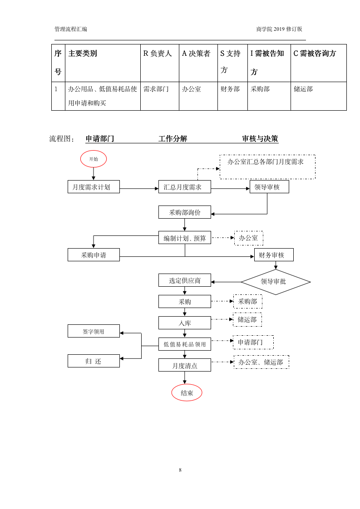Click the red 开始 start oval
pyautogui.click(x=94, y=159)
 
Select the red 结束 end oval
pyautogui.click(x=187, y=393)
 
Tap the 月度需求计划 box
pyautogui.click(x=94, y=187)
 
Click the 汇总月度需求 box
pyautogui.click(x=184, y=187)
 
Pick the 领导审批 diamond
pyautogui.click(x=275, y=282)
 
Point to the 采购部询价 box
pyautogui.click(x=184, y=212)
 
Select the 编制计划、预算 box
pyautogui.click(x=184, y=238)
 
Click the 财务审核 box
pyautogui.click(x=273, y=255)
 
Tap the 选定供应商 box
pyautogui.click(x=184, y=280)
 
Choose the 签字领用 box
pyautogui.click(x=94, y=331)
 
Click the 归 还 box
pyautogui.click(x=94, y=361)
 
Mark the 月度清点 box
pyautogui.click(x=184, y=365)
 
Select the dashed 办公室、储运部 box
pyautogui.click(x=261, y=362)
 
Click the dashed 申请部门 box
pyautogui.click(x=253, y=342)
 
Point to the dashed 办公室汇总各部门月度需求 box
pyautogui.click(x=267, y=166)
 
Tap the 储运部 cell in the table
pyautogui.click(x=304, y=89)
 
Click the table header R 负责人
pyautogui.click(x=158, y=54)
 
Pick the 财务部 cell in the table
pyautogui.click(x=230, y=89)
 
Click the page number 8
pyautogui.click(x=180, y=470)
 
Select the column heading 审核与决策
pyautogui.click(x=260, y=139)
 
